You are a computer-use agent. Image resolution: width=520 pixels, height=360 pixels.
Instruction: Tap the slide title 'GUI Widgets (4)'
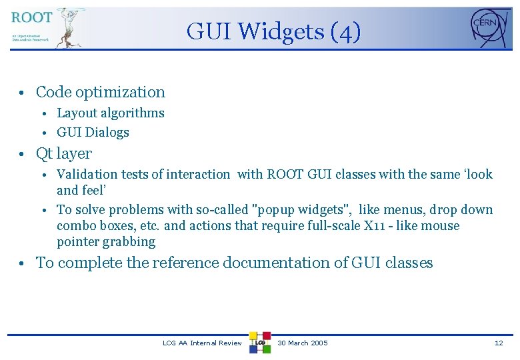(x=273, y=31)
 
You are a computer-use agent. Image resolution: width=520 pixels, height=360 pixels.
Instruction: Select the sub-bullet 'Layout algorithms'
(x=110, y=113)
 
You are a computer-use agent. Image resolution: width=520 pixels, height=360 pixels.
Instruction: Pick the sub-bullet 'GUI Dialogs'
(x=93, y=132)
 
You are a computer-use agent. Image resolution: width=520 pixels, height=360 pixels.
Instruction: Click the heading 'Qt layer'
(x=63, y=153)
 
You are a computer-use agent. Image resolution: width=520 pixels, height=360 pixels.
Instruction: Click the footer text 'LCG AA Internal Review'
(x=202, y=343)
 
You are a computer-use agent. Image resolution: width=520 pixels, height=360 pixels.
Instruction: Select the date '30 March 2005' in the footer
(x=303, y=343)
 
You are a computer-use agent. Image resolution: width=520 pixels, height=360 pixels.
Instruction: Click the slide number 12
(x=499, y=343)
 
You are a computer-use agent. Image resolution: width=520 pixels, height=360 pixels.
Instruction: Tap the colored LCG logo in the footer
(x=260, y=343)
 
